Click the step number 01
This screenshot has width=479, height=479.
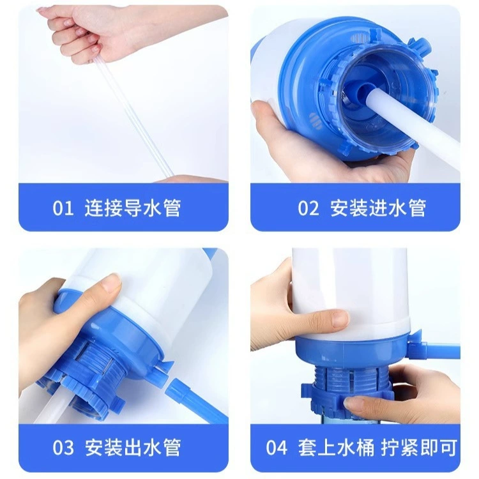63,208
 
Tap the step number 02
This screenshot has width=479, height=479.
308,208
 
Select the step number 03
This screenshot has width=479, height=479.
63,448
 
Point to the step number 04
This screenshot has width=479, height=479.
277,448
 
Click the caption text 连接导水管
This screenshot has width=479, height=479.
133,208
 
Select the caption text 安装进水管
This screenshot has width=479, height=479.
378,208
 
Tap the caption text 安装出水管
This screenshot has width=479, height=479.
133,448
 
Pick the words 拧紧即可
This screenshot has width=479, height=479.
419,448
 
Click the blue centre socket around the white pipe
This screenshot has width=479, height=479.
362,91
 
